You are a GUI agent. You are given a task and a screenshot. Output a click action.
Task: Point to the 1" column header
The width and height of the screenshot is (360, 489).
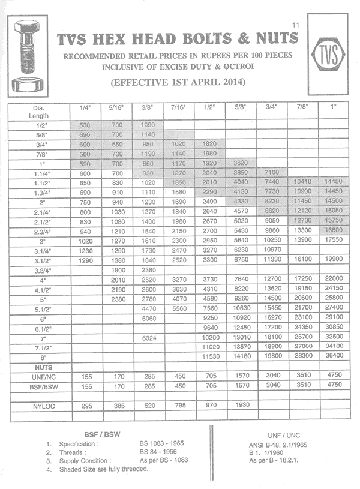coord(333,107)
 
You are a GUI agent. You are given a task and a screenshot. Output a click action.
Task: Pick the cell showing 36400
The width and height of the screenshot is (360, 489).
coord(333,356)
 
